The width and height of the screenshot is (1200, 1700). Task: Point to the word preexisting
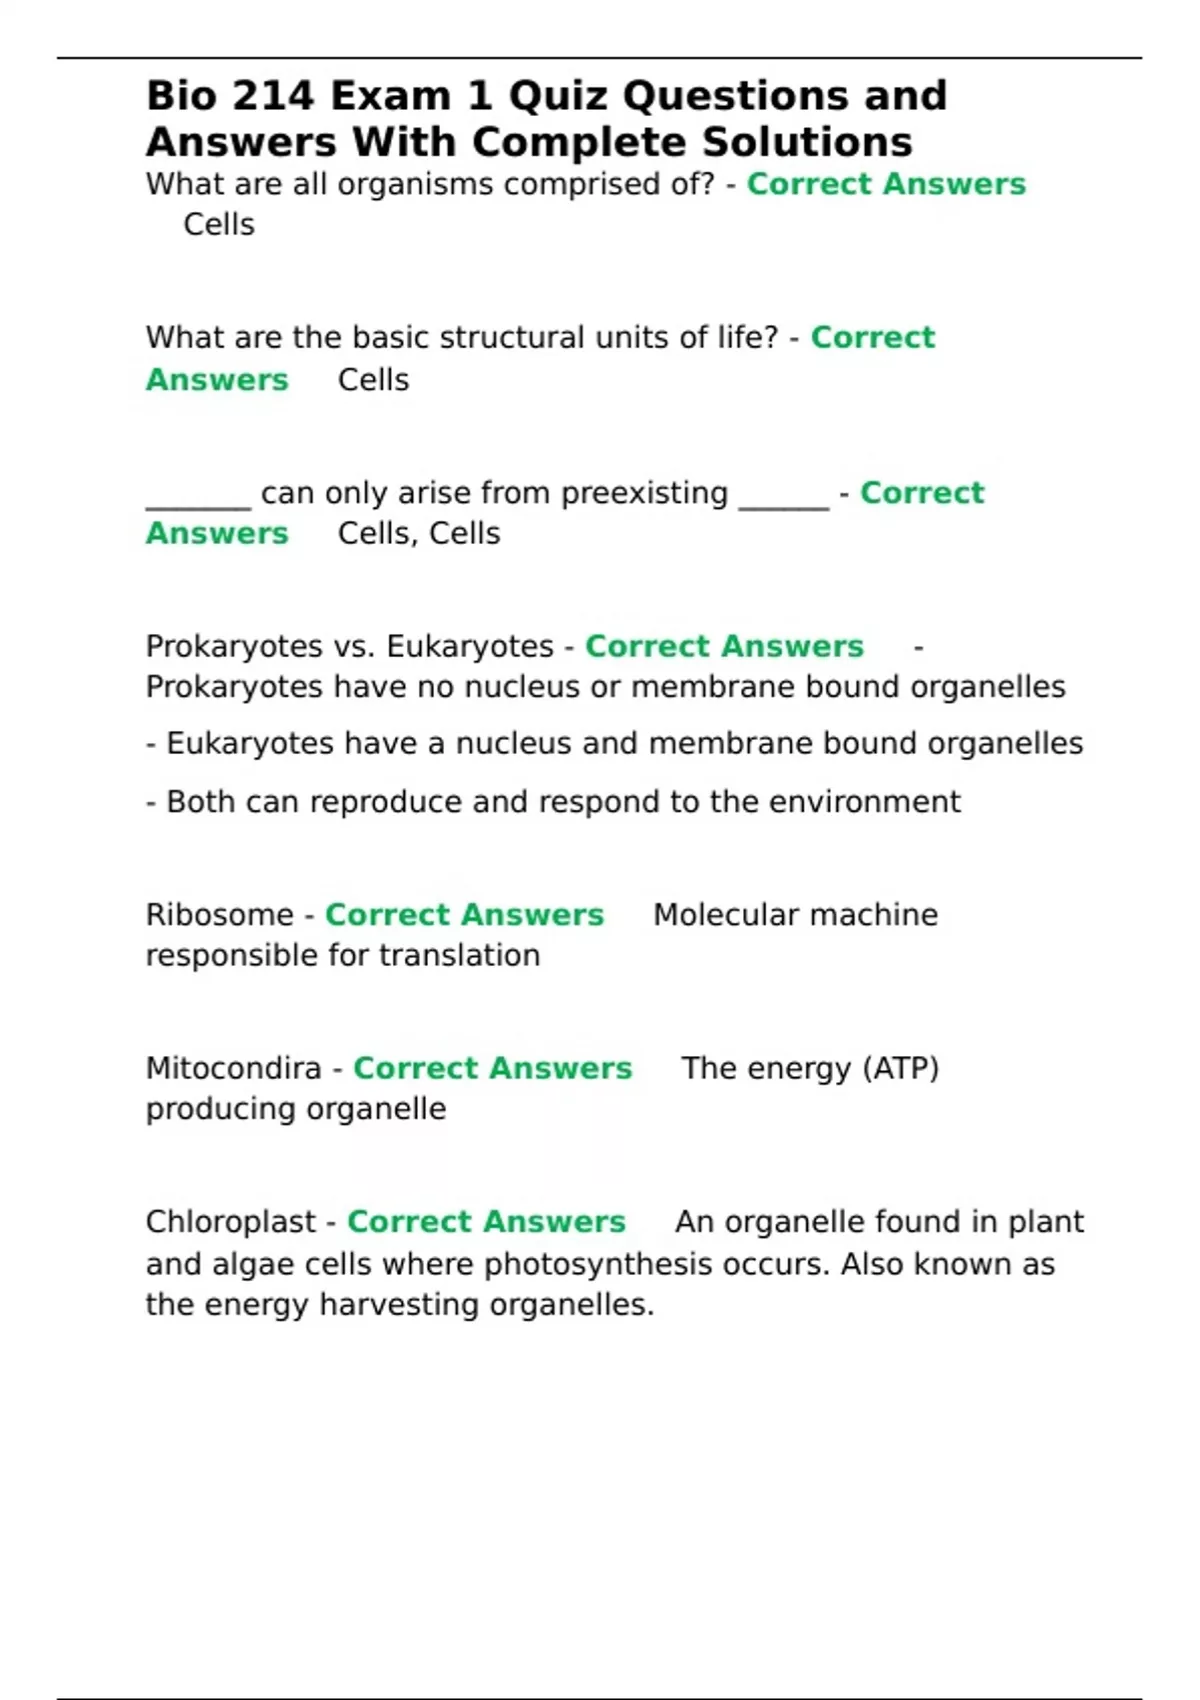pyautogui.click(x=644, y=493)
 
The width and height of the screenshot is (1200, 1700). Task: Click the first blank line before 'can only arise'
pyautogui.click(x=198, y=500)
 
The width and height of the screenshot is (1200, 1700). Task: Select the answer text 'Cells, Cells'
pyautogui.click(x=419, y=534)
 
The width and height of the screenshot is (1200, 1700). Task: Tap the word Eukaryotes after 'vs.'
pyautogui.click(x=469, y=647)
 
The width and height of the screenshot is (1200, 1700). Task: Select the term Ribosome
pyautogui.click(x=219, y=915)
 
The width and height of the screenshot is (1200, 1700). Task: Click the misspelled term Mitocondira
pyautogui.click(x=233, y=1069)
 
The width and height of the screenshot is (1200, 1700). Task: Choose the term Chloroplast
pyautogui.click(x=231, y=1222)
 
